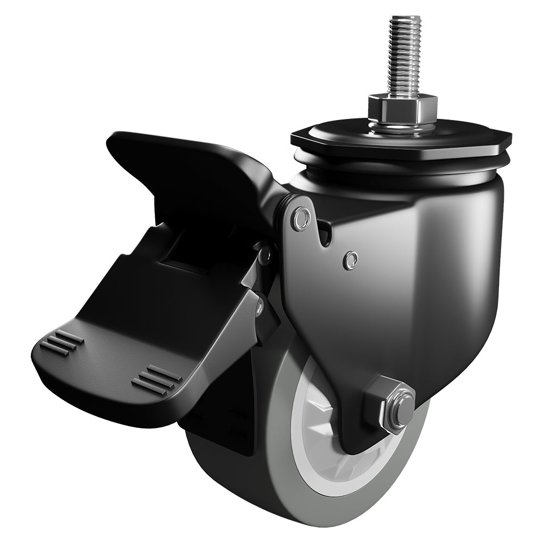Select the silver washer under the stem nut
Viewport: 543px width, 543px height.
(402, 128)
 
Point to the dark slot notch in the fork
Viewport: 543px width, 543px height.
(324, 233)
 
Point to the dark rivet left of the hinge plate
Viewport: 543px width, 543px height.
(265, 254)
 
